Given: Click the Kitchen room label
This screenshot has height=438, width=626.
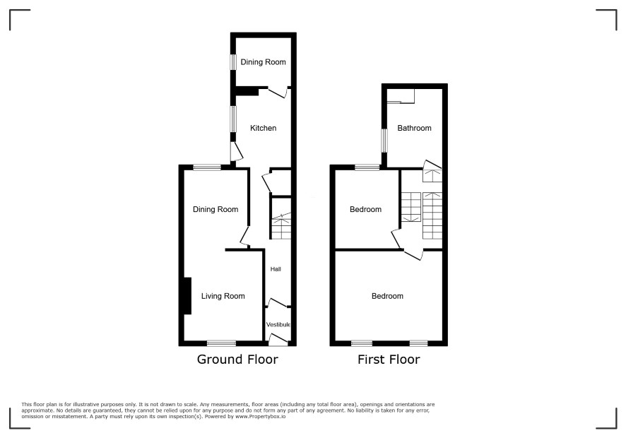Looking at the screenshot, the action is [x=263, y=128].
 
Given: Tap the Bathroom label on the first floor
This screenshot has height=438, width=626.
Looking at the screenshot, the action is [x=415, y=128].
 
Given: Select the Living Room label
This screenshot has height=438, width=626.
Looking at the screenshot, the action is [x=223, y=296].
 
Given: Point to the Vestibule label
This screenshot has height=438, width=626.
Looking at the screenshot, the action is [x=278, y=324].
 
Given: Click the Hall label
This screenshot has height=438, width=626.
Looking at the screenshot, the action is [x=276, y=269].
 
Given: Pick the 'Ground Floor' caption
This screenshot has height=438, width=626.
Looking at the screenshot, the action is [x=237, y=360].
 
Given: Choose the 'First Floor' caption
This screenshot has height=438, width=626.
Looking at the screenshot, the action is [x=389, y=360].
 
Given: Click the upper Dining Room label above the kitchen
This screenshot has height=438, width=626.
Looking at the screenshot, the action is [x=263, y=62].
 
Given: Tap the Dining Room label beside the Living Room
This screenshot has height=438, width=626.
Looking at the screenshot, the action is [x=215, y=209].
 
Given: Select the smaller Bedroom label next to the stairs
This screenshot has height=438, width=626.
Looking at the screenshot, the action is [x=366, y=209].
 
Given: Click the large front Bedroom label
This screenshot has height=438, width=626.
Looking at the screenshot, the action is [x=387, y=296].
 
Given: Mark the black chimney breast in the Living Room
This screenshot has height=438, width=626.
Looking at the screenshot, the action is [x=187, y=296].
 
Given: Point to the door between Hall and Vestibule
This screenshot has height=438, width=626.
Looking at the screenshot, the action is [x=278, y=303].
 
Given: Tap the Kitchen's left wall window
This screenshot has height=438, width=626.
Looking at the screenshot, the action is [x=232, y=119].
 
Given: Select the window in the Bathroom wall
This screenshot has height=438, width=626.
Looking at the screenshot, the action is [x=384, y=141].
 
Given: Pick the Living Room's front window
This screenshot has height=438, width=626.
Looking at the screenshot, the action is [x=222, y=343].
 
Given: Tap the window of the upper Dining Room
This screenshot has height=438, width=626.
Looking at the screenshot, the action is [x=232, y=62].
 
